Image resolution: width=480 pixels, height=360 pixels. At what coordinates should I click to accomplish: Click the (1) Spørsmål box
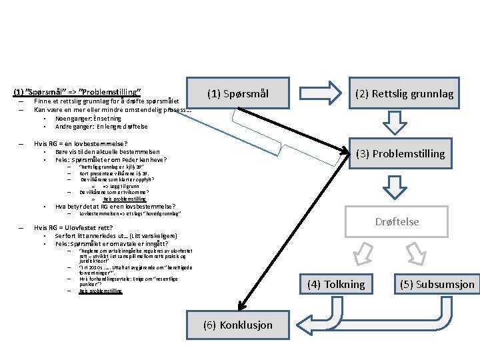pos(237,94)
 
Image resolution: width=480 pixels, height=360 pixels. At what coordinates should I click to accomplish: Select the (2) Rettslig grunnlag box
pos(404,94)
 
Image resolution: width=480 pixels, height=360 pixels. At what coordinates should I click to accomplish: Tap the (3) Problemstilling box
pos(400,153)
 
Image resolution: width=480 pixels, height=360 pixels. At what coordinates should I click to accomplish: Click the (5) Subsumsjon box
pos(437,284)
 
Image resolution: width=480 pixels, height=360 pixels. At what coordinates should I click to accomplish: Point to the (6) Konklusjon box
pos(237,325)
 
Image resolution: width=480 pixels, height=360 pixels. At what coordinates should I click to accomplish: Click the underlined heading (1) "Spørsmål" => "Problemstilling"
pos(77,91)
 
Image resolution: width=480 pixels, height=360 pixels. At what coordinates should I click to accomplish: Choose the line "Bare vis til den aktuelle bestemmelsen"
pos(107,152)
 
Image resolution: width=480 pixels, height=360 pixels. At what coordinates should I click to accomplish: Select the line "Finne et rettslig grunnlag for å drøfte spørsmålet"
pos(106,101)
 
